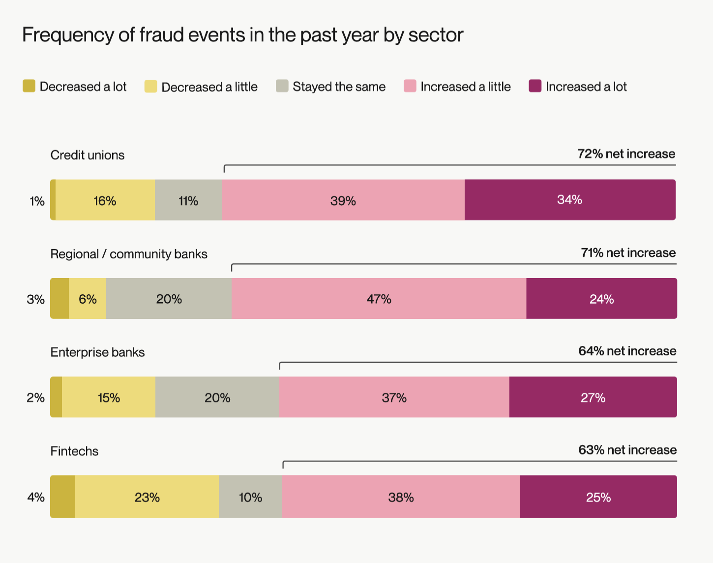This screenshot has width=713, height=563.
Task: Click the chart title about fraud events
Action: pyautogui.click(x=242, y=35)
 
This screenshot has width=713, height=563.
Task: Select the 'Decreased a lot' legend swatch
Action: pyautogui.click(x=29, y=86)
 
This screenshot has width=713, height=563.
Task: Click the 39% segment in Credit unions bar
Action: pyautogui.click(x=343, y=200)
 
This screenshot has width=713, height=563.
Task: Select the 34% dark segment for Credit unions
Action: pyautogui.click(x=569, y=200)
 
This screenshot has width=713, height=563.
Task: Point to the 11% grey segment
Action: pyautogui.click(x=188, y=200)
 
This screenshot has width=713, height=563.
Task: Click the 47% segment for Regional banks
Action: pyautogui.click(x=379, y=299)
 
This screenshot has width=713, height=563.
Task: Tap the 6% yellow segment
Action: pyautogui.click(x=88, y=299)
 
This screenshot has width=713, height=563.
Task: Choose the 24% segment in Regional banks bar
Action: pyautogui.click(x=601, y=299)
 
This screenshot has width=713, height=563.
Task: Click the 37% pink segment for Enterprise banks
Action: pyautogui.click(x=394, y=398)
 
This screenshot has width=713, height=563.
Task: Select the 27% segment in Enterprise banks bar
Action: pyautogui.click(x=593, y=398)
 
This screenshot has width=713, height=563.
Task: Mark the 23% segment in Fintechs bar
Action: pyautogui.click(x=147, y=497)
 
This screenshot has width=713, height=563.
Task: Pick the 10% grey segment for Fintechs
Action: pyautogui.click(x=250, y=497)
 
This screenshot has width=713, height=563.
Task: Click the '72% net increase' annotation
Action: pyautogui.click(x=626, y=154)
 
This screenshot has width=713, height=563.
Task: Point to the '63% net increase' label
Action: pyautogui.click(x=627, y=450)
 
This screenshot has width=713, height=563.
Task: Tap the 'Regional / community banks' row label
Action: pyautogui.click(x=129, y=254)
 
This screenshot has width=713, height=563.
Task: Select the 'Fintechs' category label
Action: pyautogui.click(x=74, y=451)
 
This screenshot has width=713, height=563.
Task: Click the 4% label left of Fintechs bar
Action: pyautogui.click(x=36, y=497)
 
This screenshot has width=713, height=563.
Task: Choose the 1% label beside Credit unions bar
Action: pyautogui.click(x=37, y=201)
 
